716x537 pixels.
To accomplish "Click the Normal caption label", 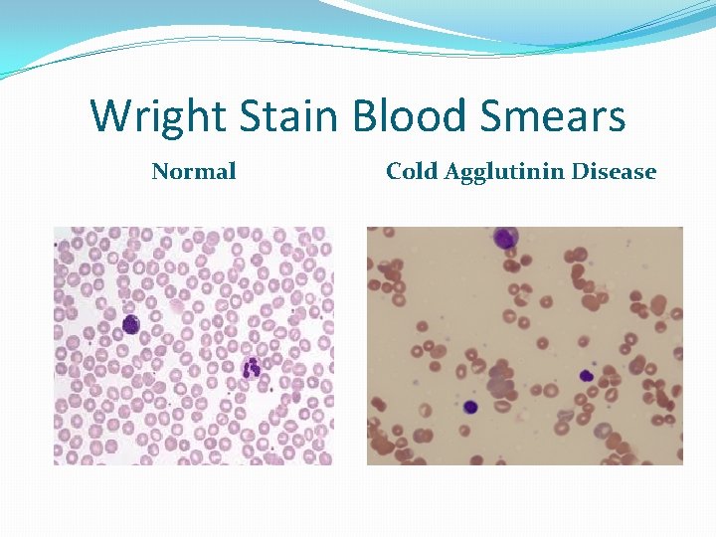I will click(194, 172).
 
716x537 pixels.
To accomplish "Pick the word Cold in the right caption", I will click(412, 172).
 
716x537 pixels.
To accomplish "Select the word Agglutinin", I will click(504, 173).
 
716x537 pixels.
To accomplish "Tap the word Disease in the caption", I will click(614, 172).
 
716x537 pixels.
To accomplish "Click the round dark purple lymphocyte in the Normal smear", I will click(130, 324).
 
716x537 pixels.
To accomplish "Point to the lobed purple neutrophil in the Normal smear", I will click(252, 368).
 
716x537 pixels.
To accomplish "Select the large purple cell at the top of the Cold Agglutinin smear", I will click(506, 239).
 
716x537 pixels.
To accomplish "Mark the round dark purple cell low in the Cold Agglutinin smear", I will click(470, 407).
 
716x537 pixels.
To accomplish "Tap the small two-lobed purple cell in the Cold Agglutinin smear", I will click(587, 376).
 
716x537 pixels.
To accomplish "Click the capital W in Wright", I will click(109, 116).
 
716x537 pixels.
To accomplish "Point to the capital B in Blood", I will click(365, 116).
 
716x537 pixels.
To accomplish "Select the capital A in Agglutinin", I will click(451, 172).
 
